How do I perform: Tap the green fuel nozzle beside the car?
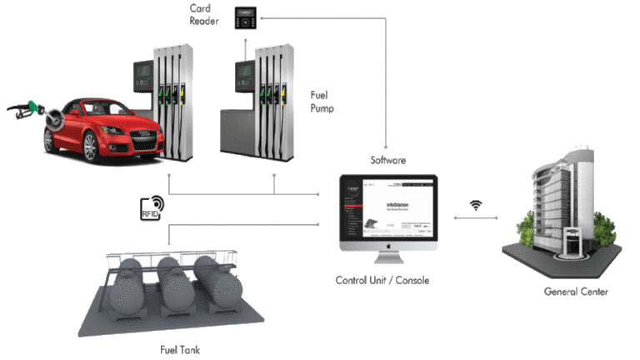coord(33,107)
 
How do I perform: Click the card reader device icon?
coord(244,15)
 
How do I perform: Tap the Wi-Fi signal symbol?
coord(476,205)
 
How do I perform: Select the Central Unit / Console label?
coord(382,280)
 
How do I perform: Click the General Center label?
coord(576,292)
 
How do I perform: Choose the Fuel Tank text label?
coord(180,350)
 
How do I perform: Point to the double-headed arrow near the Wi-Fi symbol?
coord(476,219)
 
